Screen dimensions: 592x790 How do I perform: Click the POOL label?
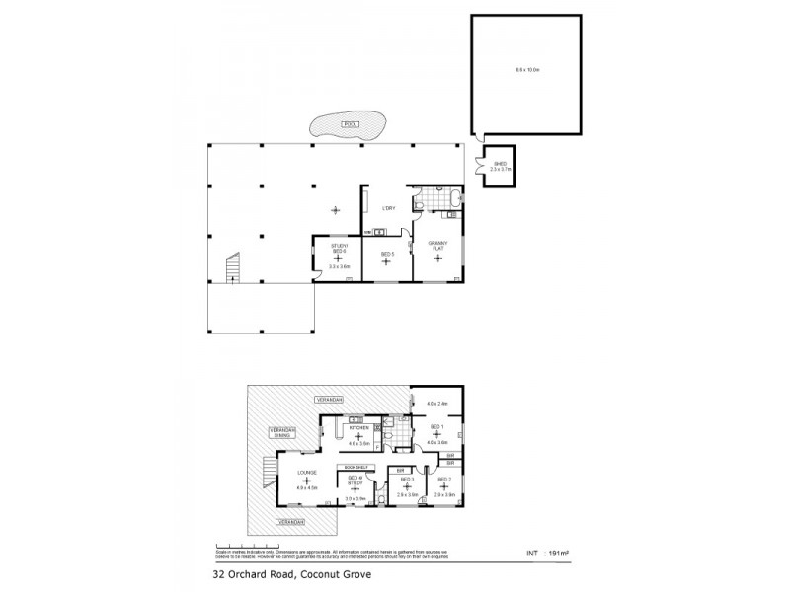347,124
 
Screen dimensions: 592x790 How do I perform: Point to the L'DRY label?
388,208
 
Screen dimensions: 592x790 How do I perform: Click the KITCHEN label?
358,428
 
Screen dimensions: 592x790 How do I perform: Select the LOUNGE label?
306,473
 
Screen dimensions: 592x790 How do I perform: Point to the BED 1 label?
436,426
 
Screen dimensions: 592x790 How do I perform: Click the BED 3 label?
405,479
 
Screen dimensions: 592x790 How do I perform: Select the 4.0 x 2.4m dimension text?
437,404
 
